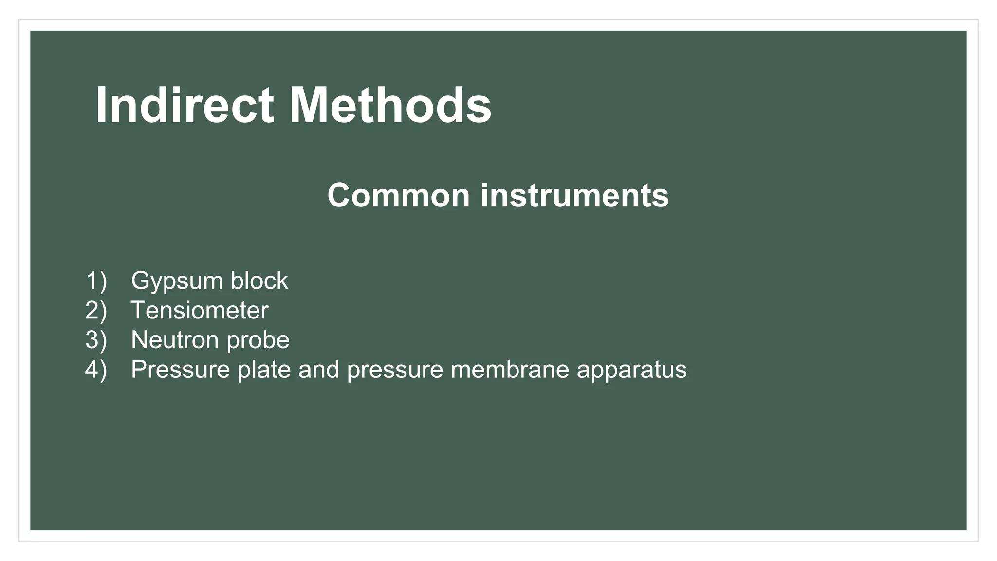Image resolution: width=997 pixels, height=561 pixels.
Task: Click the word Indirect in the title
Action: (184, 106)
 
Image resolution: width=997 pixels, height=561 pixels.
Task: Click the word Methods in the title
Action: (390, 106)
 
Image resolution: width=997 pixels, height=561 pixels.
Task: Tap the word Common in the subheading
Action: (398, 195)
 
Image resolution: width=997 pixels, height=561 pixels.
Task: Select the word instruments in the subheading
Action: (574, 195)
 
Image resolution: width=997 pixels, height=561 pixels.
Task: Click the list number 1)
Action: (96, 281)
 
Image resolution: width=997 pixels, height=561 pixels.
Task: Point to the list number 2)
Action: (96, 310)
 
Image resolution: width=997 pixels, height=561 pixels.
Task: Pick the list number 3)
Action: (96, 340)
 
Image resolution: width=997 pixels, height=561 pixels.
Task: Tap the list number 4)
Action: (96, 370)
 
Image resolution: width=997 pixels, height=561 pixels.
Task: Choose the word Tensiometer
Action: (200, 310)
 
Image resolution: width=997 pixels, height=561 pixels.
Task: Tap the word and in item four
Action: (318, 370)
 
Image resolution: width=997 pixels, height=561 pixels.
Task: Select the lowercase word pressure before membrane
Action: (395, 370)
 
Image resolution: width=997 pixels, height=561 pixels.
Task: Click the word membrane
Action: (510, 370)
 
